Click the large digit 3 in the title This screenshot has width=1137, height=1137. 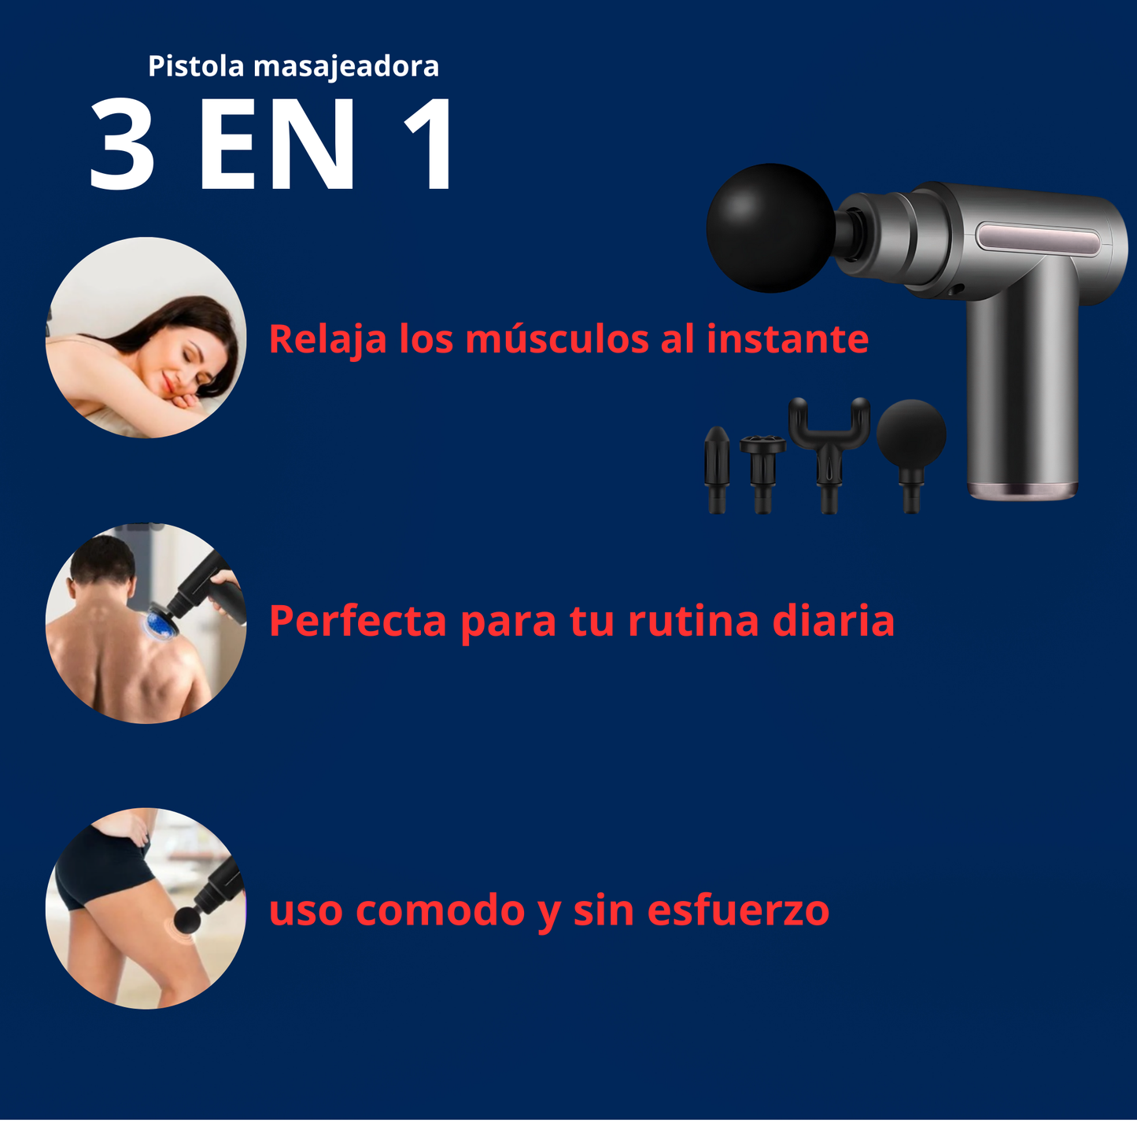click(x=122, y=145)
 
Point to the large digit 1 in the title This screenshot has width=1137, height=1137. click(x=429, y=145)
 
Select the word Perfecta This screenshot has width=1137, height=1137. click(x=358, y=621)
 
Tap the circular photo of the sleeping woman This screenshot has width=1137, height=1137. click(x=146, y=338)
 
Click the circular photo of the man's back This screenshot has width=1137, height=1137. click(x=146, y=623)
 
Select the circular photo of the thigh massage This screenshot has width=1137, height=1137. click(x=146, y=908)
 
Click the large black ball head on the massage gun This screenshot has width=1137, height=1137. click(x=770, y=227)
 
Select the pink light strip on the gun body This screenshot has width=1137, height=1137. click(x=1039, y=239)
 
